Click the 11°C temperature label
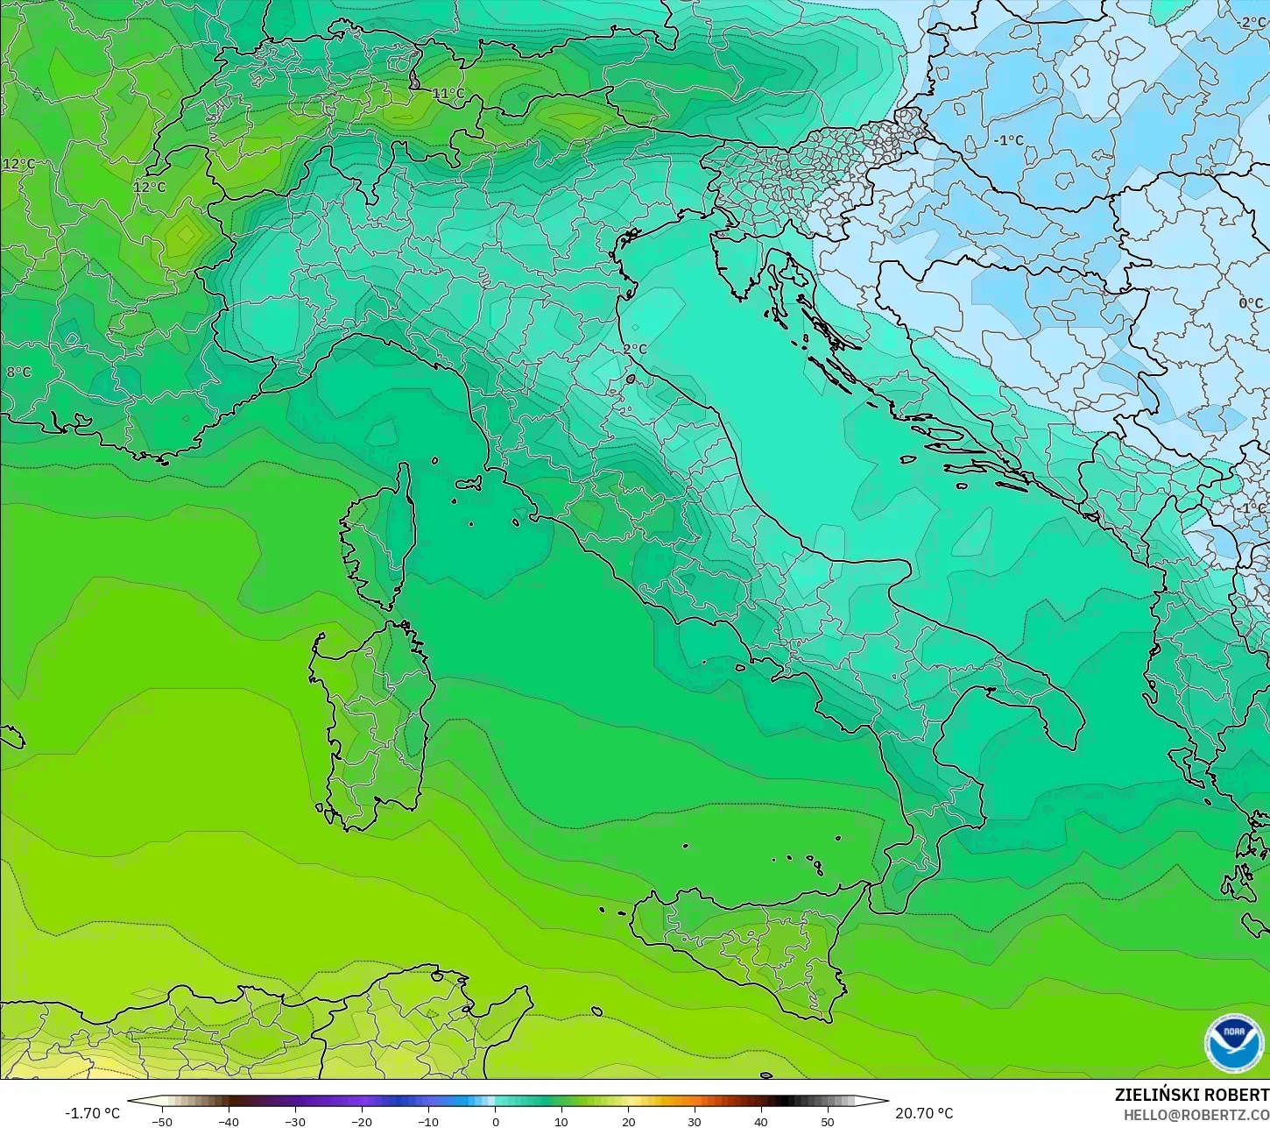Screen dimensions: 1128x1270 (x=448, y=94)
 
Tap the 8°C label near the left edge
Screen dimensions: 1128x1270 (x=18, y=372)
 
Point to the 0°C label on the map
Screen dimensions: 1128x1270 (x=1251, y=303)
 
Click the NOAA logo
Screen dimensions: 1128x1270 (x=1234, y=1042)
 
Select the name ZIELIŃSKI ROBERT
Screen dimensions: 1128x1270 (x=1191, y=1095)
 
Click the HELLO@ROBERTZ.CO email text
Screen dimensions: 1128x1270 (x=1196, y=1115)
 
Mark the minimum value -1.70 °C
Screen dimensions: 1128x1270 (x=92, y=1113)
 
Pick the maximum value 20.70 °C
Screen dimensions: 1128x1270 (x=924, y=1113)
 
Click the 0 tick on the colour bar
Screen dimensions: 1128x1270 (x=495, y=1121)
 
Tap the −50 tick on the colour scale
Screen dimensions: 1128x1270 (x=161, y=1121)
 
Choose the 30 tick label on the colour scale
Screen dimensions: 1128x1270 (x=695, y=1121)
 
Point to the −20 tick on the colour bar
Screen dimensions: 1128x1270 (x=361, y=1121)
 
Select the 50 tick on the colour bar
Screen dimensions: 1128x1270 (x=828, y=1121)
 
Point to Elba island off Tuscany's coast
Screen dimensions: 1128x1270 (x=468, y=483)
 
